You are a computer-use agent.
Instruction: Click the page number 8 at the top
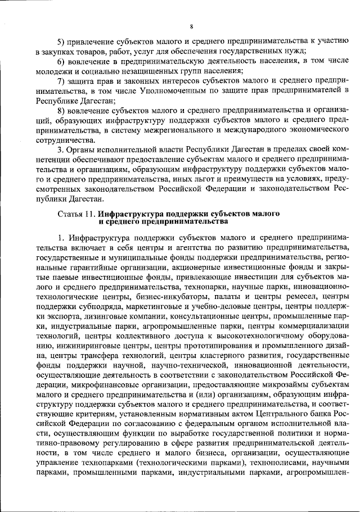pos(191,26)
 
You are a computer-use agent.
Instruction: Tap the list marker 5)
pos(63,42)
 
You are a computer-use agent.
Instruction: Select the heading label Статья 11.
pos(76,214)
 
